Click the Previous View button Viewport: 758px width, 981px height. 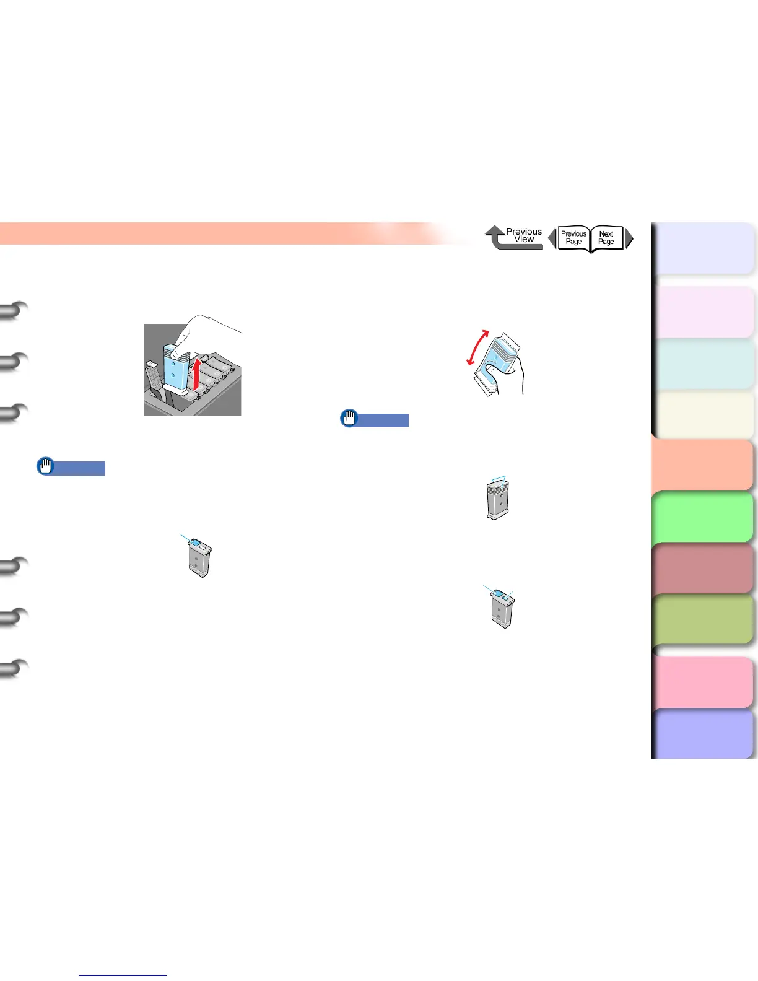pos(514,237)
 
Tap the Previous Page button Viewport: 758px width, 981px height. pos(573,238)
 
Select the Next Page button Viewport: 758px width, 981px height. pos(606,238)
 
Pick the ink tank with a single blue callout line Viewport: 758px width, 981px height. pos(199,557)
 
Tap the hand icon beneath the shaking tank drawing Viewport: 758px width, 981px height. pos(350,419)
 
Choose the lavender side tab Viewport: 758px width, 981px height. pos(704,248)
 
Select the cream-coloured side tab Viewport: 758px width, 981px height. pos(704,414)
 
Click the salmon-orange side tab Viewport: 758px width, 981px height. pos(704,465)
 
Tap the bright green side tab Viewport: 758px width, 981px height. pos(704,517)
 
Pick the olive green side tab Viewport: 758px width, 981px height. pos(704,619)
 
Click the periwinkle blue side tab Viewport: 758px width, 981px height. pos(704,733)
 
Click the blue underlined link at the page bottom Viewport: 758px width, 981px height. pos(123,975)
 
